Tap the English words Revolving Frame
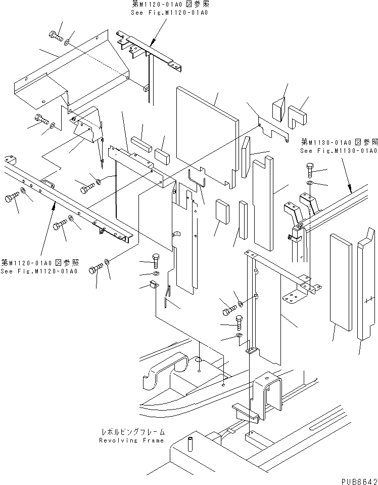132,440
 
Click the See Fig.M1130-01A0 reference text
339,151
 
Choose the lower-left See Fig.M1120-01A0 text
39,271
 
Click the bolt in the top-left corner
55,36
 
